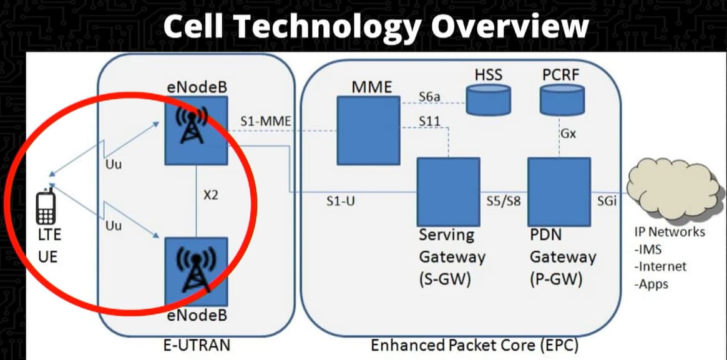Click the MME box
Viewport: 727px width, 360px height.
[368, 130]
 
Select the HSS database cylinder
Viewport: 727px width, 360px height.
[488, 100]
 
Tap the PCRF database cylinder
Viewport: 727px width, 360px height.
[562, 100]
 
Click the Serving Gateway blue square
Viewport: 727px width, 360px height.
[448, 192]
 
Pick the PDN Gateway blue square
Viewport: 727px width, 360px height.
[559, 192]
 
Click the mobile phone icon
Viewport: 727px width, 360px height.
[46, 207]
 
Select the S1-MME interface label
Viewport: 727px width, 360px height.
[265, 122]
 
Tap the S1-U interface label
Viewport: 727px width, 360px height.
[341, 202]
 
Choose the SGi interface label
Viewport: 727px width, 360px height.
[607, 202]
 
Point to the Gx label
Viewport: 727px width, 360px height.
[568, 134]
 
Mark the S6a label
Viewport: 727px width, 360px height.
[429, 97]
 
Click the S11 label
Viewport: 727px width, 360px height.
[430, 122]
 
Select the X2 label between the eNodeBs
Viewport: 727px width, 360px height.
[210, 195]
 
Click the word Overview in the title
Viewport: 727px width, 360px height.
[510, 27]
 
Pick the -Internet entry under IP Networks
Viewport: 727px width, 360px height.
[660, 267]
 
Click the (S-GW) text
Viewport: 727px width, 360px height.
[445, 280]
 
